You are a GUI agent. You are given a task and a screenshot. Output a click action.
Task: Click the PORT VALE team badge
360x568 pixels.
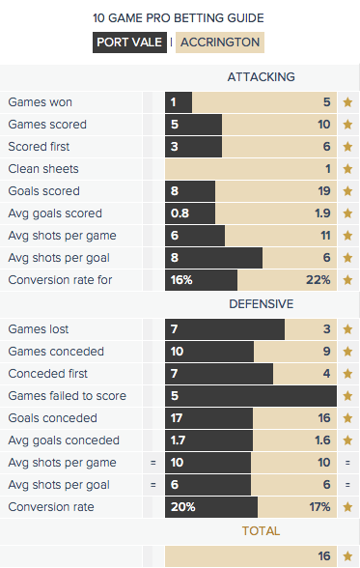coord(129,43)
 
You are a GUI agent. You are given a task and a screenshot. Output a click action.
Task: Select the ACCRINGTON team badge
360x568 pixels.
coord(220,43)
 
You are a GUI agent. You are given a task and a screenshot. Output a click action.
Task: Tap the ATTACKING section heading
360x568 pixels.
coord(262,77)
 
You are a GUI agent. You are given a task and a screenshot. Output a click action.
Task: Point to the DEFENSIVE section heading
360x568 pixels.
coord(262,304)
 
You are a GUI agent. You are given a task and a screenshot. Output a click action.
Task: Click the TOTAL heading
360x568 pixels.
coord(261,531)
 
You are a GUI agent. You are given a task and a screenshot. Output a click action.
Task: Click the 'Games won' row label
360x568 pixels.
coord(41,102)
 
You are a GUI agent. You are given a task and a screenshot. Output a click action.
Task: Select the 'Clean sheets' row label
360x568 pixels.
coord(43,169)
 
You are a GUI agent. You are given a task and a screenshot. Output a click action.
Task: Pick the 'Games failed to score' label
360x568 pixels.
coord(68,396)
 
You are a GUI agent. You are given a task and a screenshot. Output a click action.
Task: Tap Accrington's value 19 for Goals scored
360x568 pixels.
coord(324,191)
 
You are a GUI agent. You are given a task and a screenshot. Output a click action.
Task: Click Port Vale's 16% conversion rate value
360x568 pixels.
coord(181,280)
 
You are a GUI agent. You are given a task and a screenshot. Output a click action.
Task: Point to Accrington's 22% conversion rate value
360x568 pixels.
coord(318,280)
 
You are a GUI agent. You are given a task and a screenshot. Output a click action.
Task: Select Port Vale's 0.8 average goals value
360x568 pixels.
coord(180,213)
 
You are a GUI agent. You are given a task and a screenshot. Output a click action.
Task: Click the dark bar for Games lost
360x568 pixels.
coord(225,329)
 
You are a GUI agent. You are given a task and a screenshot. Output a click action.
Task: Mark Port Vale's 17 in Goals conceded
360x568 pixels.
coord(177,418)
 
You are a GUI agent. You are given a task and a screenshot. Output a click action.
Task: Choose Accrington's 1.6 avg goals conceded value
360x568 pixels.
coord(322,440)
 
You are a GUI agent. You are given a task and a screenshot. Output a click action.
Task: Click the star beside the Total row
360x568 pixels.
coord(347,556)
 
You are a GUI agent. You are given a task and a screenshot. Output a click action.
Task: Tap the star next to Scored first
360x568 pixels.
coord(347,147)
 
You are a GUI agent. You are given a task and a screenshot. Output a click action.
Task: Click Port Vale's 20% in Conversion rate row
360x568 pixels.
coord(183,507)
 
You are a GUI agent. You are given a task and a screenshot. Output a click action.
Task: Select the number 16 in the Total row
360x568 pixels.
coord(324,556)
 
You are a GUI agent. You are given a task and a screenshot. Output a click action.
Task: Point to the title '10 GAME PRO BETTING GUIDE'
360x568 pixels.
coord(179,18)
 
